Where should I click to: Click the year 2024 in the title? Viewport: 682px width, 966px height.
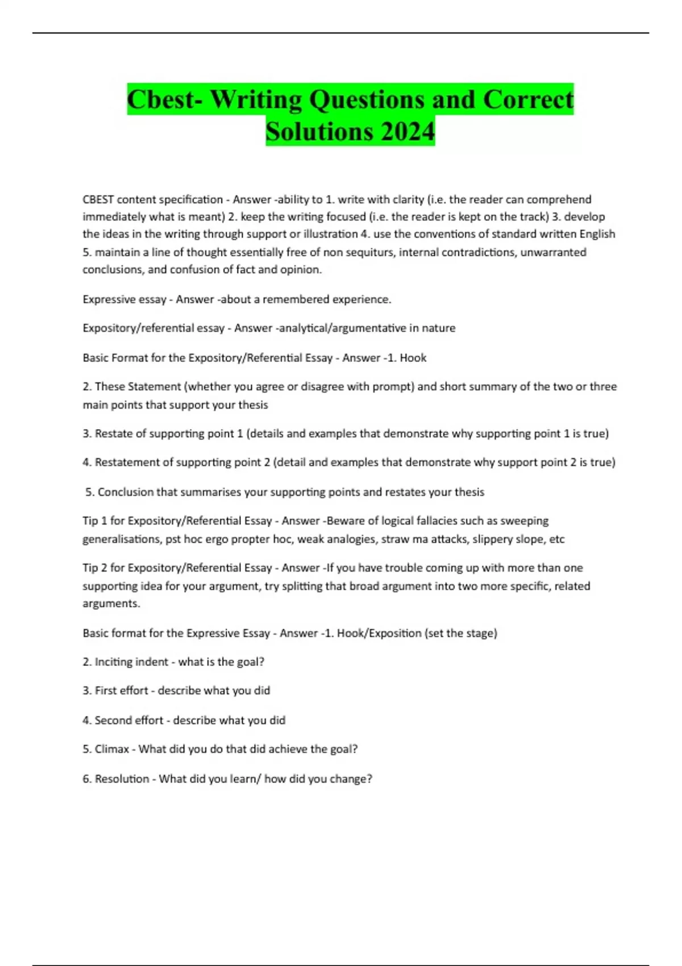tap(407, 132)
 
